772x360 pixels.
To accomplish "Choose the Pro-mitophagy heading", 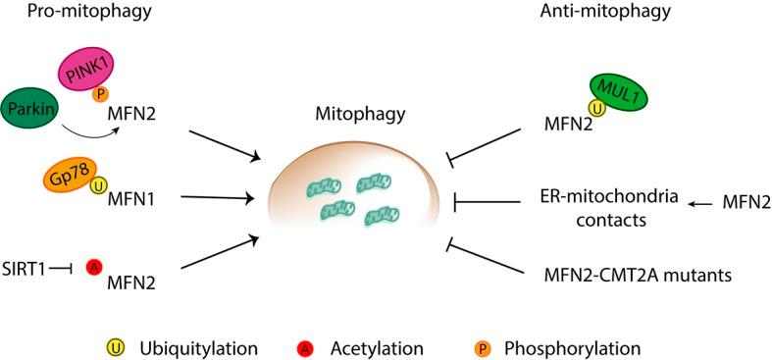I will click(69, 13).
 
